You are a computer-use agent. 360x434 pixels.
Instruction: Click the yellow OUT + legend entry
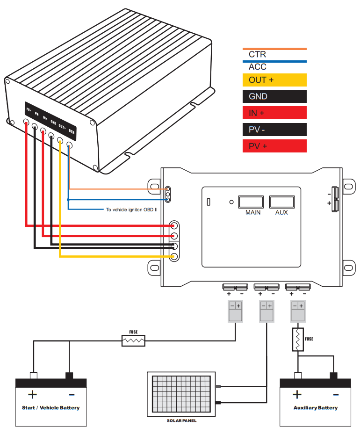point(274,80)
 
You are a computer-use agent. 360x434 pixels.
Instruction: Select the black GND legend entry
point(274,96)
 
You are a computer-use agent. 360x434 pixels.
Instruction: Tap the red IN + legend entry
point(274,113)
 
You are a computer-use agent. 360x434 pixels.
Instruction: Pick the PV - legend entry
point(274,130)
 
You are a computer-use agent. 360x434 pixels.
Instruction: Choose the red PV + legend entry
point(274,146)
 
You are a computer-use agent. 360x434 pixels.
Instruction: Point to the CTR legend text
point(257,55)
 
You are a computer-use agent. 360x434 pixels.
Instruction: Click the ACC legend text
point(257,67)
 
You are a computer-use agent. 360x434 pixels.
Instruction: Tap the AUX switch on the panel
point(281,202)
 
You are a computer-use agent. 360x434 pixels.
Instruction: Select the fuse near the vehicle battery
point(133,341)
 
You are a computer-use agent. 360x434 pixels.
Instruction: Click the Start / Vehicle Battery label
point(50,408)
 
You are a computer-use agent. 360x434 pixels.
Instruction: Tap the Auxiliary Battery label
point(315,408)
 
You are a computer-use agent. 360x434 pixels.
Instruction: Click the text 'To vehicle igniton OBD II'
point(131,210)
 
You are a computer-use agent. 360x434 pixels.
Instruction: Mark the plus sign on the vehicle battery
point(32,394)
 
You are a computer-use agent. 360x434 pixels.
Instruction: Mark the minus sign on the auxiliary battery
point(335,394)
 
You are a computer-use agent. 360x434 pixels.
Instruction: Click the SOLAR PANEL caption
point(181,421)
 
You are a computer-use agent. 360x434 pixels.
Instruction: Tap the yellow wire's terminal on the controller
point(174,256)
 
